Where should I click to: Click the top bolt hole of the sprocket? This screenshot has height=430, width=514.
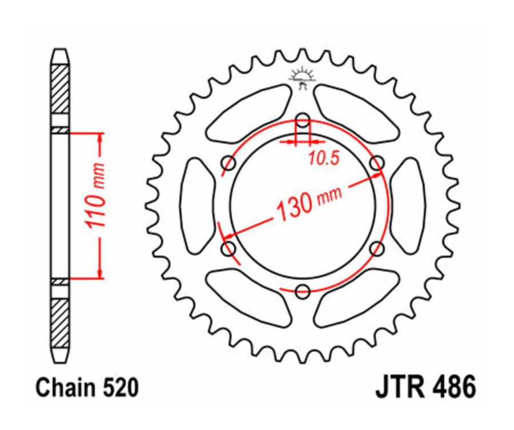[x=303, y=120]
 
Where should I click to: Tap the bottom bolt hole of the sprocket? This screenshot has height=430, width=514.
[x=303, y=290]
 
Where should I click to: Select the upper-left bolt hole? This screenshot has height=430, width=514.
[x=229, y=164]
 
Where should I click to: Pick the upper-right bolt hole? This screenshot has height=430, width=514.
[x=376, y=164]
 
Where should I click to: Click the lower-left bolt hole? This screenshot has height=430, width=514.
[x=229, y=248]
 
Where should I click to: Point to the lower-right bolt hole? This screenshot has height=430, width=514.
[x=376, y=248]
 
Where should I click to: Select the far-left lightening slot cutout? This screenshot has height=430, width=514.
[x=197, y=206]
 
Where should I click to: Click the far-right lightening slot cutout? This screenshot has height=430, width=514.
[x=408, y=206]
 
